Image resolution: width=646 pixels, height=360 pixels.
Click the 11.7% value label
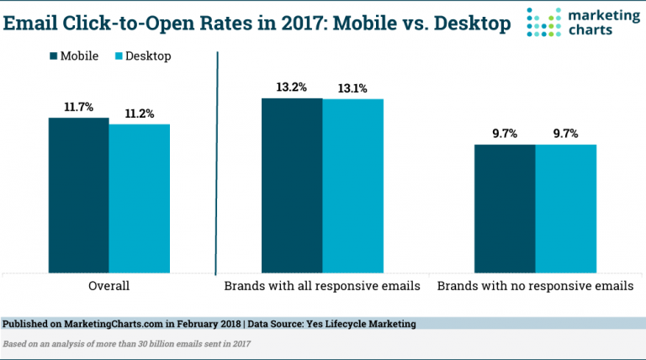click(x=78, y=109)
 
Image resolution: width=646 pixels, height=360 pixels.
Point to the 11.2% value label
click(x=139, y=114)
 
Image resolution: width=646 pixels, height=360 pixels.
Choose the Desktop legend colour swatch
click(x=119, y=56)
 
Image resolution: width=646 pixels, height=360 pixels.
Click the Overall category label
click(x=109, y=286)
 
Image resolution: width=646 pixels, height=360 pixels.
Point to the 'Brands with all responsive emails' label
click(x=321, y=286)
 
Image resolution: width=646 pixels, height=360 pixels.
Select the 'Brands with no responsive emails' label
click(x=535, y=286)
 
